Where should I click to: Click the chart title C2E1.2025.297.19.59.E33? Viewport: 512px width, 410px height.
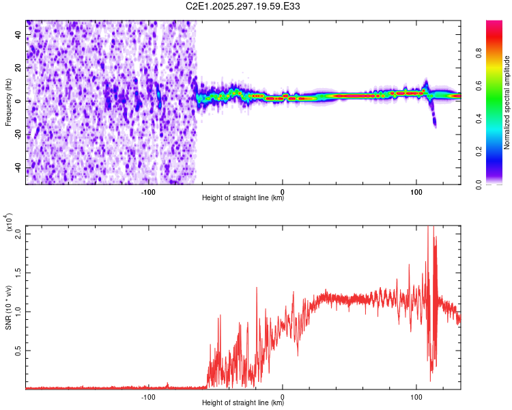pyautogui.click(x=243, y=7)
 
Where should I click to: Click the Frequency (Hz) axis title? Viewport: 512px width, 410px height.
pyautogui.click(x=9, y=102)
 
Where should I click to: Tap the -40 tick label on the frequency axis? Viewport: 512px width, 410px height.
pyautogui.click(x=18, y=168)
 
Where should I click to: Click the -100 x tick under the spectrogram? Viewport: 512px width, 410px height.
pyautogui.click(x=149, y=192)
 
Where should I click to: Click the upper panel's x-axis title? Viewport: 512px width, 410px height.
pyautogui.click(x=243, y=199)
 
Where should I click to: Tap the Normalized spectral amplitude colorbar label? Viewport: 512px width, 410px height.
pyautogui.click(x=507, y=102)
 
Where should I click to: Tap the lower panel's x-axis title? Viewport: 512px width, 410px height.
pyautogui.click(x=243, y=404)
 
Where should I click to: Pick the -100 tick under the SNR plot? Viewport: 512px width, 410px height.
pyautogui.click(x=149, y=397)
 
